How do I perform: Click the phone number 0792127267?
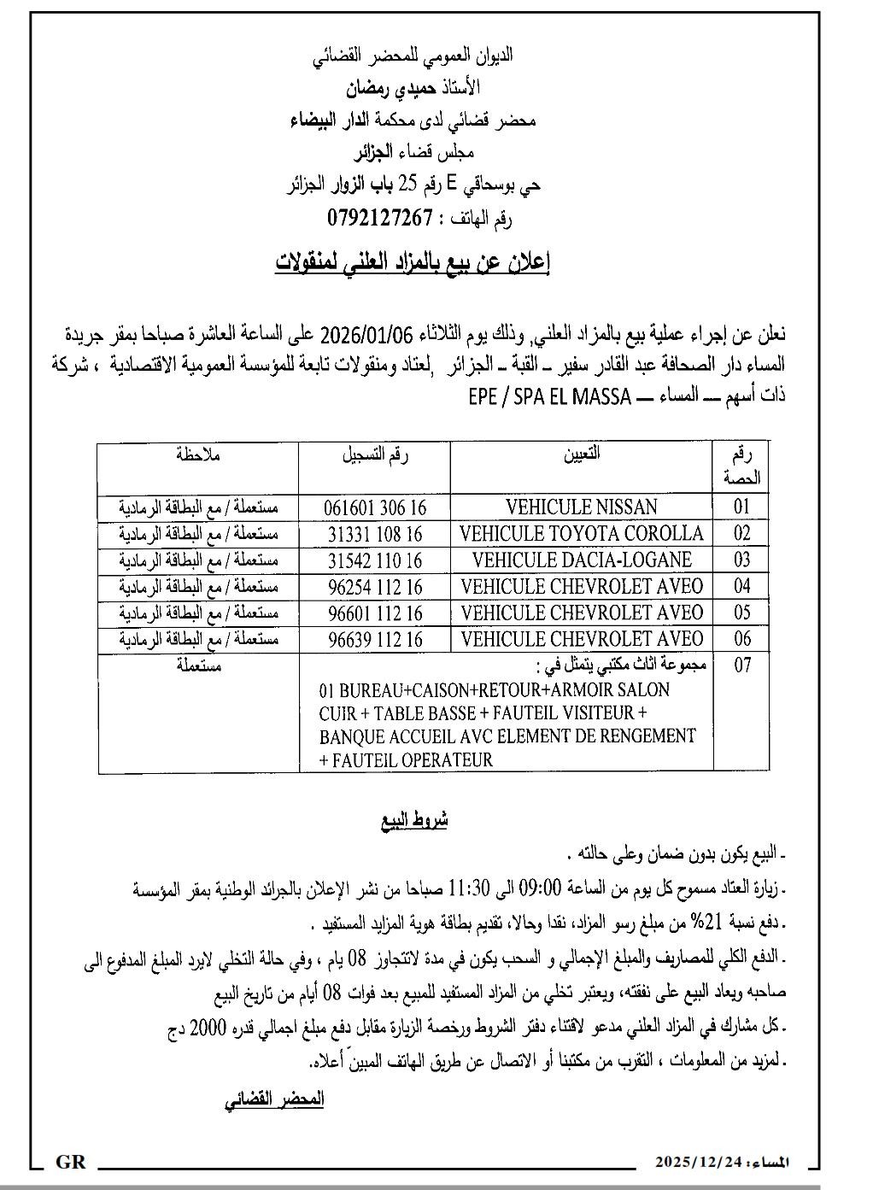pos(380,219)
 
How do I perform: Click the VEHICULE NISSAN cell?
pos(582,507)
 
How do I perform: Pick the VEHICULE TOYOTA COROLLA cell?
pos(582,534)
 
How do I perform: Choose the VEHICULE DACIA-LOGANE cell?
pos(582,560)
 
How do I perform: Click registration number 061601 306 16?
pos(374,507)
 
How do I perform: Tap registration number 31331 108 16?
pos(375,534)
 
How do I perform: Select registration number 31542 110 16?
pos(375,560)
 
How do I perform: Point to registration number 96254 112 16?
pos(375,587)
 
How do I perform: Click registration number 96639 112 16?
pos(375,639)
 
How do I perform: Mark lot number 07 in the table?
pos(741,665)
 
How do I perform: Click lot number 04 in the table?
pos(741,587)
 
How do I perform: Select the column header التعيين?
pos(582,454)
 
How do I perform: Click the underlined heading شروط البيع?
pos(414,821)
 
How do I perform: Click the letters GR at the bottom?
pos(70,1162)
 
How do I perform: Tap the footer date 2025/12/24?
pos(698,1163)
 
